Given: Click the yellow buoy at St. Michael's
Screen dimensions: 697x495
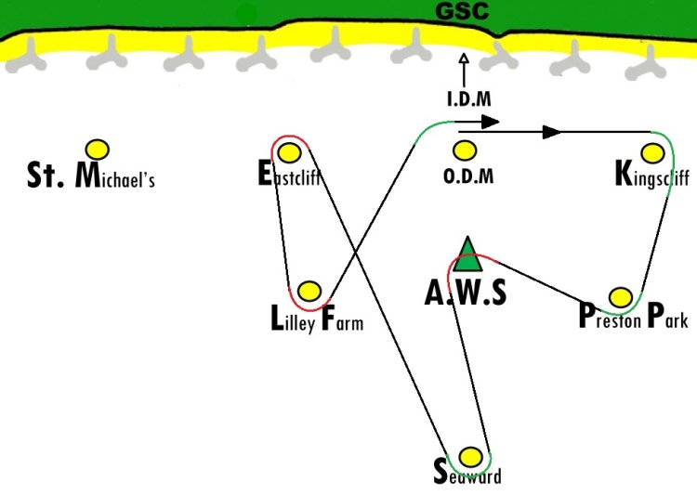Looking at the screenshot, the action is (x=98, y=150).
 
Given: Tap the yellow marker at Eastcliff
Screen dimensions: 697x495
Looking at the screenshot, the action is (x=289, y=153).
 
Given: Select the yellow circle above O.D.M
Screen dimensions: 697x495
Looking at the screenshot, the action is (x=465, y=150).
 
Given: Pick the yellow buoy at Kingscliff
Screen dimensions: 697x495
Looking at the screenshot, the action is (x=652, y=153).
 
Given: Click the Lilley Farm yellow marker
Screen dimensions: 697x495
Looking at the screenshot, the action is (x=309, y=292).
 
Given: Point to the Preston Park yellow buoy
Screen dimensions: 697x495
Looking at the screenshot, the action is (x=621, y=297).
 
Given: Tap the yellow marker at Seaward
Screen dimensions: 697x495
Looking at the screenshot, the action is (x=470, y=457).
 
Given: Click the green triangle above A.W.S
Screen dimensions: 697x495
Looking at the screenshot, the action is (x=467, y=254).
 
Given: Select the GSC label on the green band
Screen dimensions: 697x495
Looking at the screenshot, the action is (x=462, y=10).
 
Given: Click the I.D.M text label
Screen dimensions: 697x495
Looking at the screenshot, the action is (x=469, y=99).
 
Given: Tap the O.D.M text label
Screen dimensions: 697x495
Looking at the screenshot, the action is (x=468, y=176).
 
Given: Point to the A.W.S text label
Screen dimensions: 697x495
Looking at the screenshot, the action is (x=466, y=293).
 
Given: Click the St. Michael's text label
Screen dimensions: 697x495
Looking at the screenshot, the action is (x=91, y=176).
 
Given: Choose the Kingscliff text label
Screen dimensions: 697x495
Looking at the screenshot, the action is (x=652, y=175).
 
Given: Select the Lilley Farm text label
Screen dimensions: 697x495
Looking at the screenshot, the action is (x=317, y=319).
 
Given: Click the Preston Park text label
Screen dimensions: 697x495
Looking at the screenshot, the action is (x=634, y=316).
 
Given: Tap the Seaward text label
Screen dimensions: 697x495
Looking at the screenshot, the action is (x=467, y=473).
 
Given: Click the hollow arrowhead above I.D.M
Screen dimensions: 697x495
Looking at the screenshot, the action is (x=464, y=59).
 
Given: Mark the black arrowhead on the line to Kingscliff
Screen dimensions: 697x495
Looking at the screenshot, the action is (x=552, y=132).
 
